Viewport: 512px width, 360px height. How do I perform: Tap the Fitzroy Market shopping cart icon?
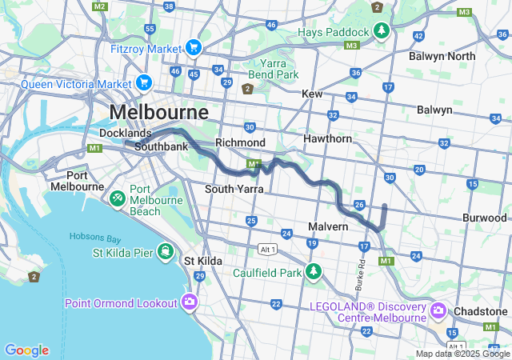click(193, 48)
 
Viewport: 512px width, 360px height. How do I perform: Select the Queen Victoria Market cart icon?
click(144, 82)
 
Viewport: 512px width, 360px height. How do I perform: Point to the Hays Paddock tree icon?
click(382, 32)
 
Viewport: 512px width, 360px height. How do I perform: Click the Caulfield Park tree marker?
click(314, 272)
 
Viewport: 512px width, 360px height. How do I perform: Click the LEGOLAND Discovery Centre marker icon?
click(438, 310)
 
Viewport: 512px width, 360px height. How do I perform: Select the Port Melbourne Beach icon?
click(117, 196)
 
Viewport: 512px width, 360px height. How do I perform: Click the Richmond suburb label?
click(240, 142)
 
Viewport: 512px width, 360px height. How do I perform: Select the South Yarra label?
click(230, 189)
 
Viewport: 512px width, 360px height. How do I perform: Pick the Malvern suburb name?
click(328, 226)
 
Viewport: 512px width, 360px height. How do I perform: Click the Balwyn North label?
click(442, 56)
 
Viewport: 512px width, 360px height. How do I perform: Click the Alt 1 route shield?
click(268, 250)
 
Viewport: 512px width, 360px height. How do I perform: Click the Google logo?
click(26, 350)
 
